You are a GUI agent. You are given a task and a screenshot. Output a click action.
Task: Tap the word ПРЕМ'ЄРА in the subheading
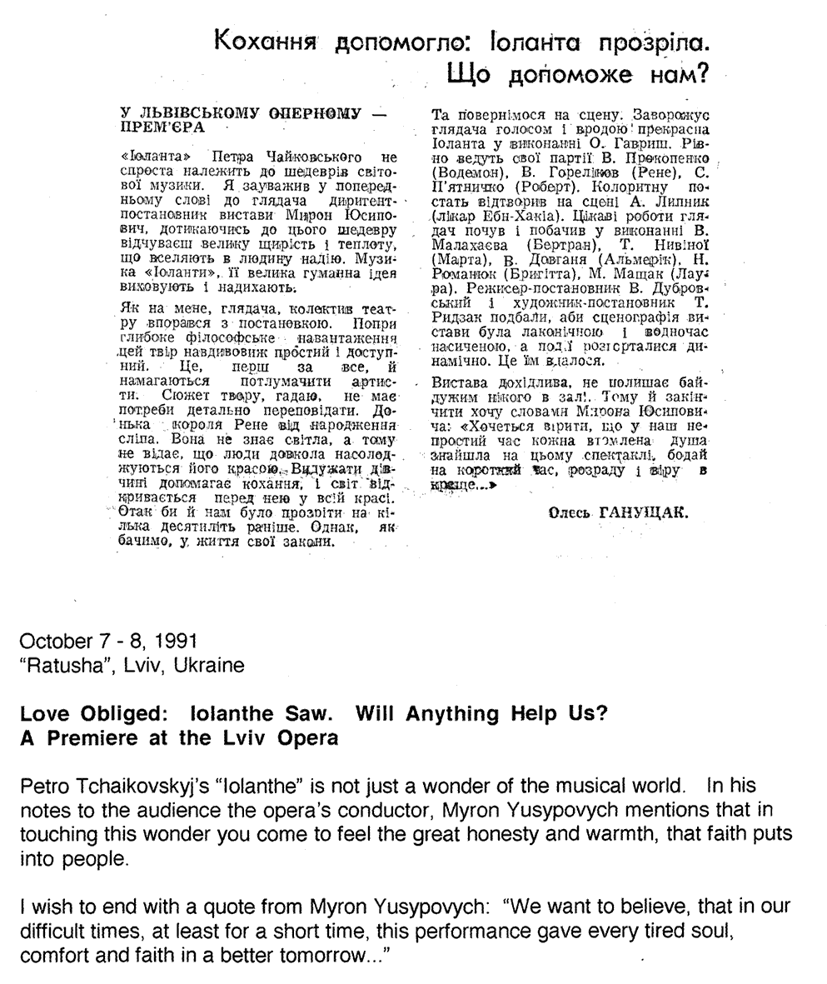coord(162,128)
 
